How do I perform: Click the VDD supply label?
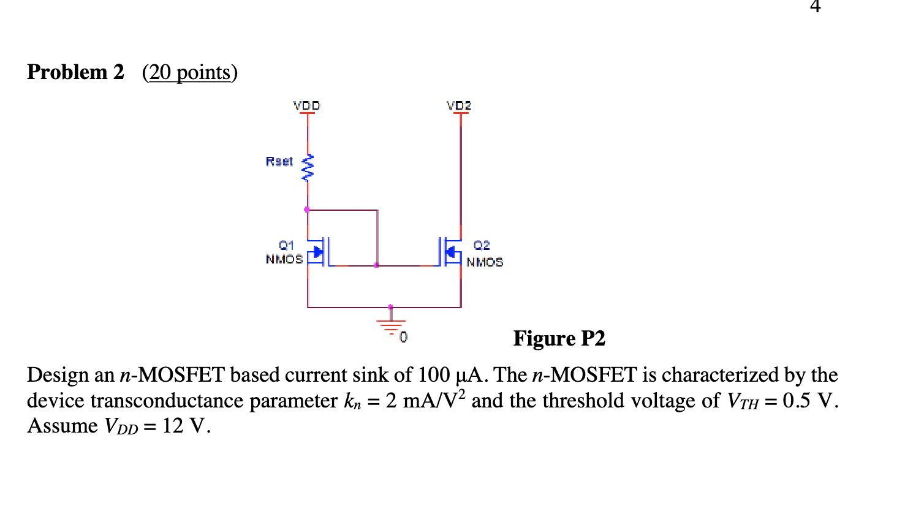(x=306, y=105)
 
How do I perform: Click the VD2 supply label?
(x=459, y=105)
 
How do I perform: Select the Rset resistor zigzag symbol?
(x=308, y=168)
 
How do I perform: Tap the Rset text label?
(x=279, y=161)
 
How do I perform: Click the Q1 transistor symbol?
(x=319, y=252)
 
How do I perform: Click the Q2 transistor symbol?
(x=450, y=252)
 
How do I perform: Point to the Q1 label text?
(x=286, y=245)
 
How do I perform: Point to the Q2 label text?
(x=482, y=245)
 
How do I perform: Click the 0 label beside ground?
(x=403, y=337)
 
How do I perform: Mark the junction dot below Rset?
(x=307, y=210)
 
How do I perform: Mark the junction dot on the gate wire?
(x=376, y=265)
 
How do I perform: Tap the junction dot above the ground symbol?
(x=390, y=306)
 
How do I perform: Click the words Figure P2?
(x=559, y=338)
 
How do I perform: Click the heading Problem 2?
(x=75, y=72)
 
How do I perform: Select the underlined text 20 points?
(x=189, y=72)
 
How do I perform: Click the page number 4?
(x=815, y=6)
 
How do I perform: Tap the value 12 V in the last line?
(x=186, y=426)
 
